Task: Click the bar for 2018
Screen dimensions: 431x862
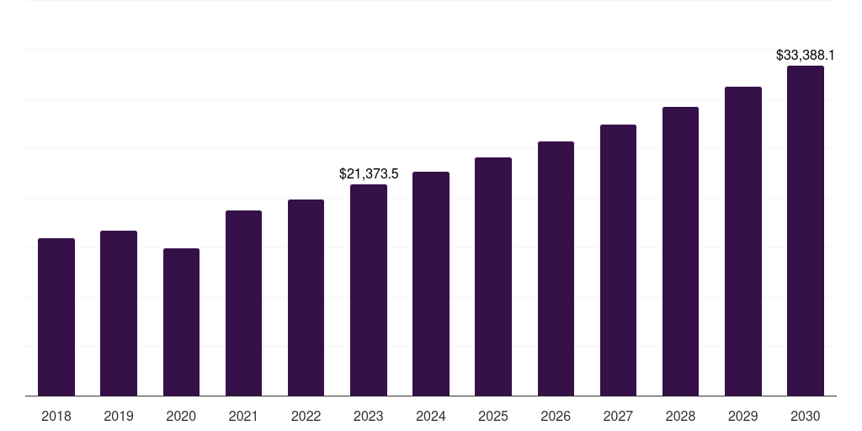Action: pyautogui.click(x=56, y=317)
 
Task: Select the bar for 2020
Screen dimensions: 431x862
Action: pyautogui.click(x=181, y=322)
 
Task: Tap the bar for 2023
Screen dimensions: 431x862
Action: pyautogui.click(x=369, y=290)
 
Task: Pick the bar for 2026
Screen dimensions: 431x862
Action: pyautogui.click(x=556, y=269)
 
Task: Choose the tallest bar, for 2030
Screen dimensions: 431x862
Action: pyautogui.click(x=806, y=231)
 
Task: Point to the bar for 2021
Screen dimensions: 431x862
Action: pyautogui.click(x=243, y=303)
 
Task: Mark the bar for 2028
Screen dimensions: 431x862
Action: pyautogui.click(x=680, y=252)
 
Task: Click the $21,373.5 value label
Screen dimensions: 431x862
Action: pyautogui.click(x=369, y=174)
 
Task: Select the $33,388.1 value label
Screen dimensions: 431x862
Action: pyautogui.click(x=806, y=56)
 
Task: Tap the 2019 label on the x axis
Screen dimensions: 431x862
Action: pyautogui.click(x=119, y=416)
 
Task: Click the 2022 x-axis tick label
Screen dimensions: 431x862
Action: pyautogui.click(x=306, y=416)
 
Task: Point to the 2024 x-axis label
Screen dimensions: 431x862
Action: pyautogui.click(x=431, y=416)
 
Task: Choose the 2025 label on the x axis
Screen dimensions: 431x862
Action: pyautogui.click(x=493, y=416)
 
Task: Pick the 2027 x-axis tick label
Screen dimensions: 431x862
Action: pyautogui.click(x=618, y=416)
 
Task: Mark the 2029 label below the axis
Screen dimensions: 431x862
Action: pyautogui.click(x=742, y=416)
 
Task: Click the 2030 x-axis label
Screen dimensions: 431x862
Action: pyautogui.click(x=806, y=416)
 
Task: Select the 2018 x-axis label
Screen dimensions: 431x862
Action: pyautogui.click(x=56, y=416)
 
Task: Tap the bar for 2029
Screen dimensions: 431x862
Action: pyautogui.click(x=742, y=242)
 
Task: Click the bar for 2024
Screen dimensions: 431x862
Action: pyautogui.click(x=431, y=284)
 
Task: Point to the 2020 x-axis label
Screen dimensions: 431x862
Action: pyautogui.click(x=181, y=416)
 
